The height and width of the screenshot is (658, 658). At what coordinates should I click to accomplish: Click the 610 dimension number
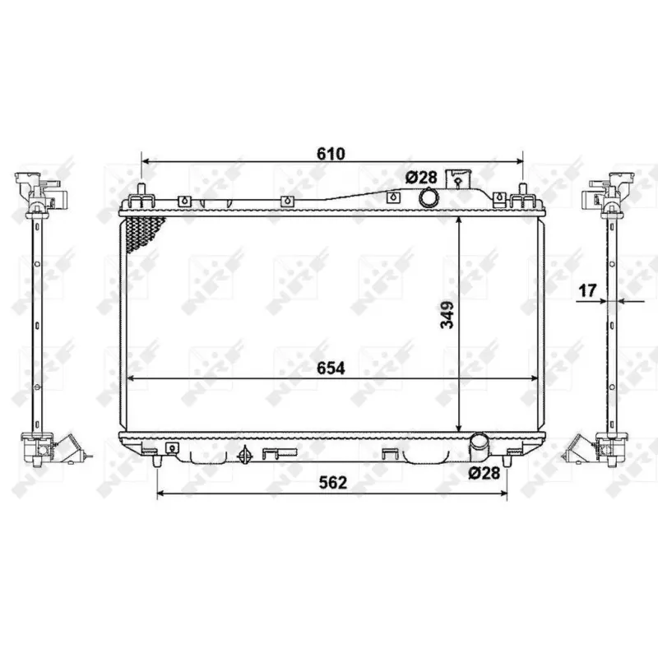tap(331, 154)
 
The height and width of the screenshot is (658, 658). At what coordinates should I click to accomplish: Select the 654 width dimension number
tap(331, 369)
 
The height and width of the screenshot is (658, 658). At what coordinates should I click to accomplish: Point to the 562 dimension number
tap(331, 484)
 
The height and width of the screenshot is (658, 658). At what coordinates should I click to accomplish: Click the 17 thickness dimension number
tap(586, 290)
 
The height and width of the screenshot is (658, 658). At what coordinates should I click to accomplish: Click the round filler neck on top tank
tap(429, 198)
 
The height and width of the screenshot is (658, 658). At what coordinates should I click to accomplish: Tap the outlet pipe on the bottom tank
tap(479, 447)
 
